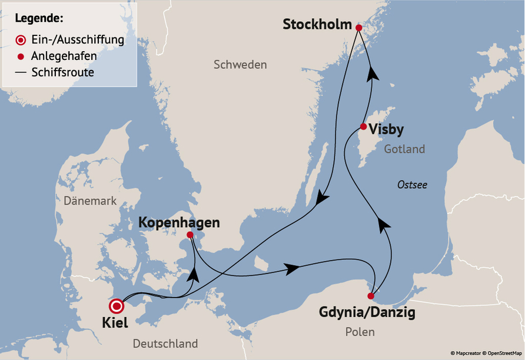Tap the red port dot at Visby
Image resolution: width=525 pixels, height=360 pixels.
tap(364, 126)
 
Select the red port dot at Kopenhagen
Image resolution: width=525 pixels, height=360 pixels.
tap(190, 235)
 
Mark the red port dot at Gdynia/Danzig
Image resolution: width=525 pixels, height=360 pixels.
tap(371, 296)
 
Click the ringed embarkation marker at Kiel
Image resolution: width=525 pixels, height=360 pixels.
tap(117, 306)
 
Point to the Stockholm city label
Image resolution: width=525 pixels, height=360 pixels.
tap(317, 25)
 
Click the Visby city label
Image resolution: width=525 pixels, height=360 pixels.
tap(387, 129)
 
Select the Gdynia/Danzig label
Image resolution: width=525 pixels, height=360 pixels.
tap(367, 312)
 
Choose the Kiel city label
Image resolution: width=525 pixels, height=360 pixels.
tap(115, 323)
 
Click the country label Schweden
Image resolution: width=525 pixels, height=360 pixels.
tap(240, 65)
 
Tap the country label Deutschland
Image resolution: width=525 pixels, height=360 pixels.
tap(165, 344)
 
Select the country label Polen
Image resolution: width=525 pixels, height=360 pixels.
tap(360, 332)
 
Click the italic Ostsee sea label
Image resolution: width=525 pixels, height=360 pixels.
tap(412, 185)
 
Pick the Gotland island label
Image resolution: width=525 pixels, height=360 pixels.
tap(404, 149)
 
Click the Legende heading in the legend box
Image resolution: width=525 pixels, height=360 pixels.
tap(39, 18)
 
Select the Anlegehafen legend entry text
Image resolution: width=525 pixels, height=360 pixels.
tap(64, 56)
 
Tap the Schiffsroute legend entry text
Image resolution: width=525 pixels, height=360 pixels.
tap(63, 73)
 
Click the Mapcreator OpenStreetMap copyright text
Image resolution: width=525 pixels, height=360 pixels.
tap(486, 353)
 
